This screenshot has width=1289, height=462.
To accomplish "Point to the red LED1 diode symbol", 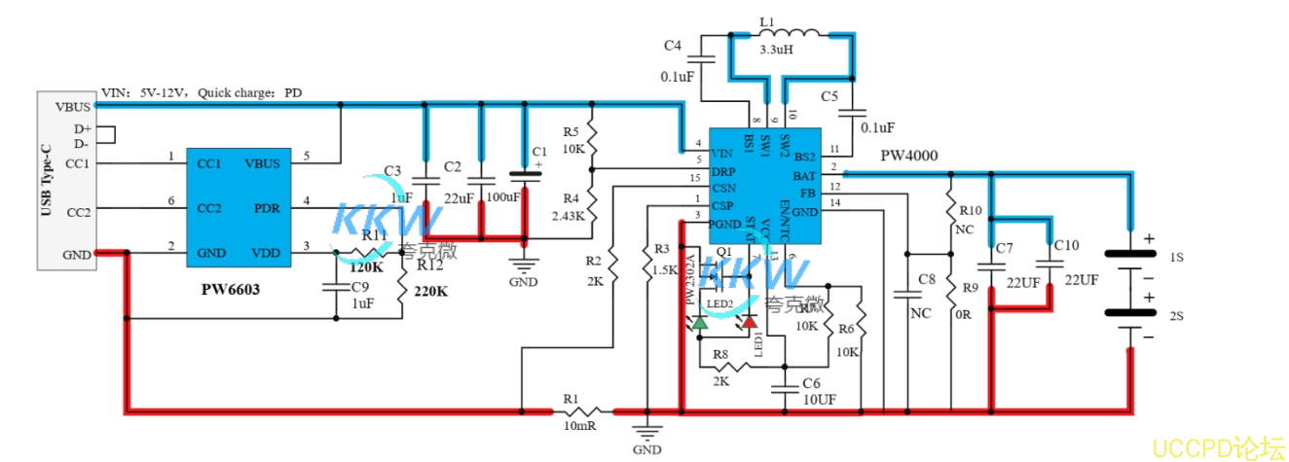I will [750, 321].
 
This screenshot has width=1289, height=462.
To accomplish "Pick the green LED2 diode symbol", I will [700, 321].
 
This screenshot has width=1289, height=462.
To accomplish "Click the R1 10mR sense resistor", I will [584, 411].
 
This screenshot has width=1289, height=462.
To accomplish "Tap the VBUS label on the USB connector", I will [73, 106].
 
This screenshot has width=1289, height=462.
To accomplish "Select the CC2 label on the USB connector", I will [78, 211].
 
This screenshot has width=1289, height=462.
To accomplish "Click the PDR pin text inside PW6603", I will [267, 208].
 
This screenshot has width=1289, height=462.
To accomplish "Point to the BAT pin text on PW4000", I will [804, 176].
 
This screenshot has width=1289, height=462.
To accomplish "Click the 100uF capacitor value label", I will [502, 197].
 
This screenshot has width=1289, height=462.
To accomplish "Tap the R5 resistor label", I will [571, 131].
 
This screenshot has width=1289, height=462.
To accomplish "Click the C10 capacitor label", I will [1066, 245].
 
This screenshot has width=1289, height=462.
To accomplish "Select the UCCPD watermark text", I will [1218, 446].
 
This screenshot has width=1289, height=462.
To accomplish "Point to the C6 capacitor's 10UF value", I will [819, 400].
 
